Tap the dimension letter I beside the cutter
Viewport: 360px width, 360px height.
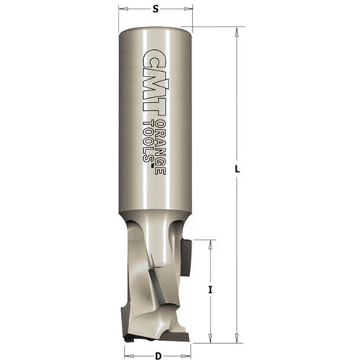point(210,290)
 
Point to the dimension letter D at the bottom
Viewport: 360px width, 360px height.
point(157,354)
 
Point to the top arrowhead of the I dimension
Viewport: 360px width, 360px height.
point(209,243)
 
